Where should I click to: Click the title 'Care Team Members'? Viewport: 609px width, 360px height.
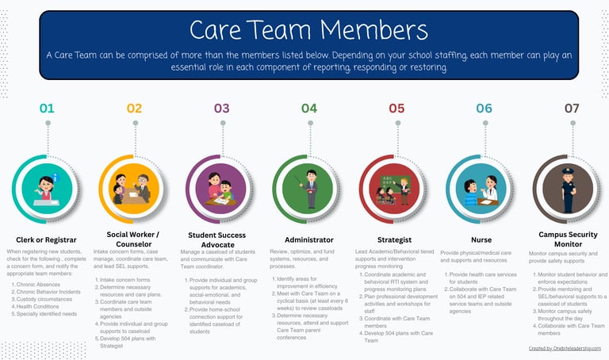click(x=308, y=30)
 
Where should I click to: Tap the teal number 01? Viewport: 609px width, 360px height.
click(x=47, y=108)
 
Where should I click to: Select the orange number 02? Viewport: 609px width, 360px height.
click(x=134, y=108)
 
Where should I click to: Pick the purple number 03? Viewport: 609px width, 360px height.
click(x=221, y=108)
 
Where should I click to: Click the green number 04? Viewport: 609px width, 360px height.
click(x=308, y=108)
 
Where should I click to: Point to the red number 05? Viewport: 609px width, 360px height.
click(x=396, y=108)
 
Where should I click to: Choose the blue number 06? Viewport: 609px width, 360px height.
click(x=484, y=108)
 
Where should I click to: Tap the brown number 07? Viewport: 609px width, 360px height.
click(x=571, y=108)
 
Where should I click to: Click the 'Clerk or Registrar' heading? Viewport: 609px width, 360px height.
click(x=46, y=239)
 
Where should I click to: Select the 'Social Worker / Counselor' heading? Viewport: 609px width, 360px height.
click(x=133, y=239)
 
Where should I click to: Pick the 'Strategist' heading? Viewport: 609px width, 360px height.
click(x=394, y=239)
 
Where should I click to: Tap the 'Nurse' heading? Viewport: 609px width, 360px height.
click(x=481, y=239)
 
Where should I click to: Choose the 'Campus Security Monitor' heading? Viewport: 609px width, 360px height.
click(x=568, y=239)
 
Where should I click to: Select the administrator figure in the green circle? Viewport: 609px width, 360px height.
click(x=308, y=189)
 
